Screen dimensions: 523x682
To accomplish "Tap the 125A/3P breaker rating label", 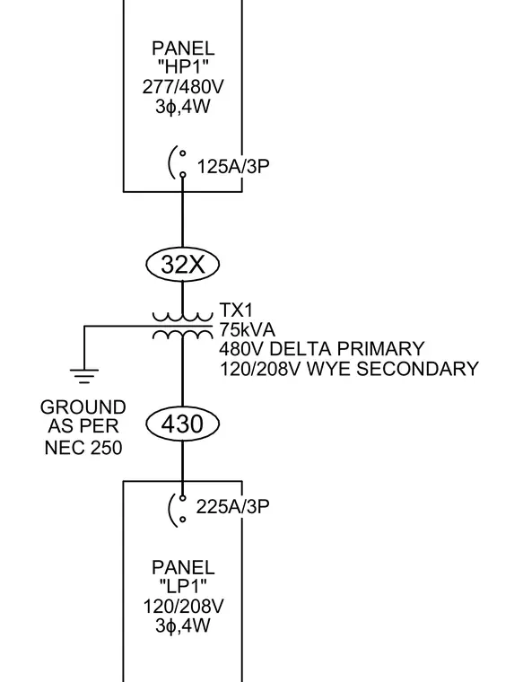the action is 233,167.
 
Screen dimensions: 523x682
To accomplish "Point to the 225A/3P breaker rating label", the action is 232,507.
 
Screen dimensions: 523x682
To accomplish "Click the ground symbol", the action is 84,376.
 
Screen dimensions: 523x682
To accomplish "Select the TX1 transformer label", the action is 236,310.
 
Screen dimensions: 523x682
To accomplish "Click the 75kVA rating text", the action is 248,329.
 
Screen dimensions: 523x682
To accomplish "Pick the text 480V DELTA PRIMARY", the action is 322,349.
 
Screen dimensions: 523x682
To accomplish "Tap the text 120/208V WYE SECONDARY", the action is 349,369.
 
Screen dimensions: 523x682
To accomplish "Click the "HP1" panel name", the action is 183,67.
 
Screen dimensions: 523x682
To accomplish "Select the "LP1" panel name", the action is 183,587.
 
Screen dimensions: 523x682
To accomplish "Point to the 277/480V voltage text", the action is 183,87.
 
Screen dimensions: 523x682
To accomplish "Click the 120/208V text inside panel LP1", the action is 183,607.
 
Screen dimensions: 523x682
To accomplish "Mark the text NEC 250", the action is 83,448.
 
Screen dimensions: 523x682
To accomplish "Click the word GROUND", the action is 83,407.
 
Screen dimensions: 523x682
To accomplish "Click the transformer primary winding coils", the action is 182,317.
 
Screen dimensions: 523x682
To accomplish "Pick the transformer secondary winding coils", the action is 182,334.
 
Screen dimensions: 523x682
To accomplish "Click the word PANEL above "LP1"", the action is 183,568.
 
